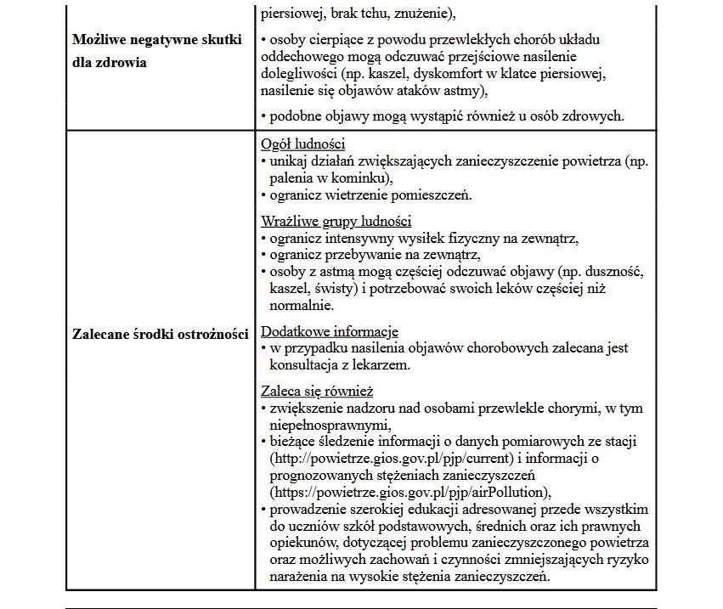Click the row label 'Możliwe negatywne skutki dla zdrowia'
point(157,51)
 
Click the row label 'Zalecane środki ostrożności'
point(160,333)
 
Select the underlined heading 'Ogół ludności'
point(302,144)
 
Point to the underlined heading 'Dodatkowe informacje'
point(329,332)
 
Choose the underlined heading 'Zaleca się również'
point(317,392)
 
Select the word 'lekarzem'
point(382,366)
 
